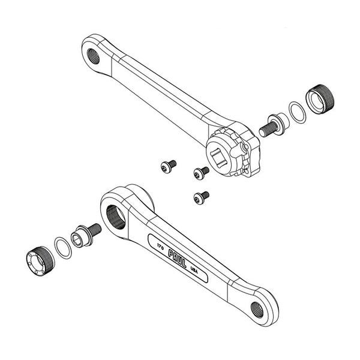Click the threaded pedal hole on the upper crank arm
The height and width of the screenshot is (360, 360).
pos(94,56)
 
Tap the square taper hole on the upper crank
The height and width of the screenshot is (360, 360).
pos(218,157)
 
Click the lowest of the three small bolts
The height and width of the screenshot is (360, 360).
pos(202,197)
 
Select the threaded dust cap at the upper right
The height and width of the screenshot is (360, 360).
pos(320,99)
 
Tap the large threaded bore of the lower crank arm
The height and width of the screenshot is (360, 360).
pos(116,217)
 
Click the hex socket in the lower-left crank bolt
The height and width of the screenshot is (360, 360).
pos(76,239)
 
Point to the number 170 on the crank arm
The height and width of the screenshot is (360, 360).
pos(160,247)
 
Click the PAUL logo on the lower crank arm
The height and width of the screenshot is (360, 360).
pos(177,259)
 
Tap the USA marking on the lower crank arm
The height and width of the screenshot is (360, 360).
pos(194,270)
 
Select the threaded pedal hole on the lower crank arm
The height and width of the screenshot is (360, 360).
pos(257,310)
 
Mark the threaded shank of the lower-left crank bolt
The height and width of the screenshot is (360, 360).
pos(94,230)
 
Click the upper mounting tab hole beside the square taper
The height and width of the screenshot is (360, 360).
pos(247,146)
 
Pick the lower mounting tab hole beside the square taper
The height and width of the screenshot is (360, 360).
pos(246,171)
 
